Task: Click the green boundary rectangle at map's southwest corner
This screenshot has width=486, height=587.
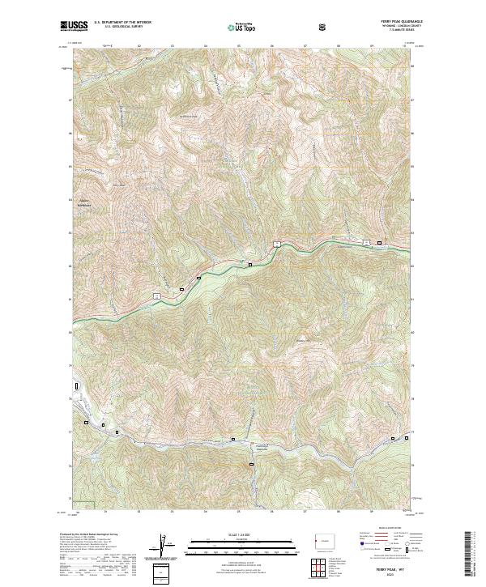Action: pos(86,504)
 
